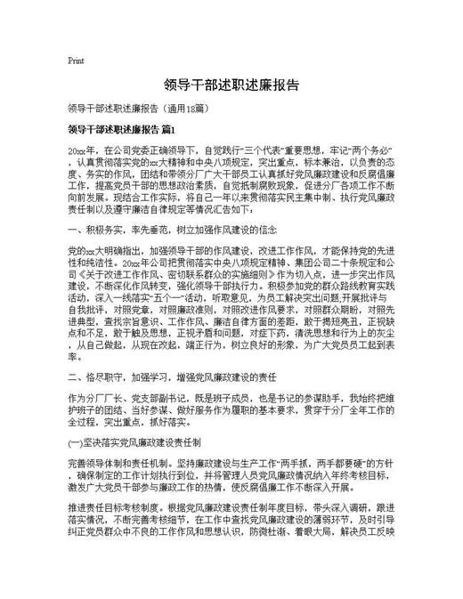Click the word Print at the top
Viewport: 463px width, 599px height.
coord(75,61)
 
